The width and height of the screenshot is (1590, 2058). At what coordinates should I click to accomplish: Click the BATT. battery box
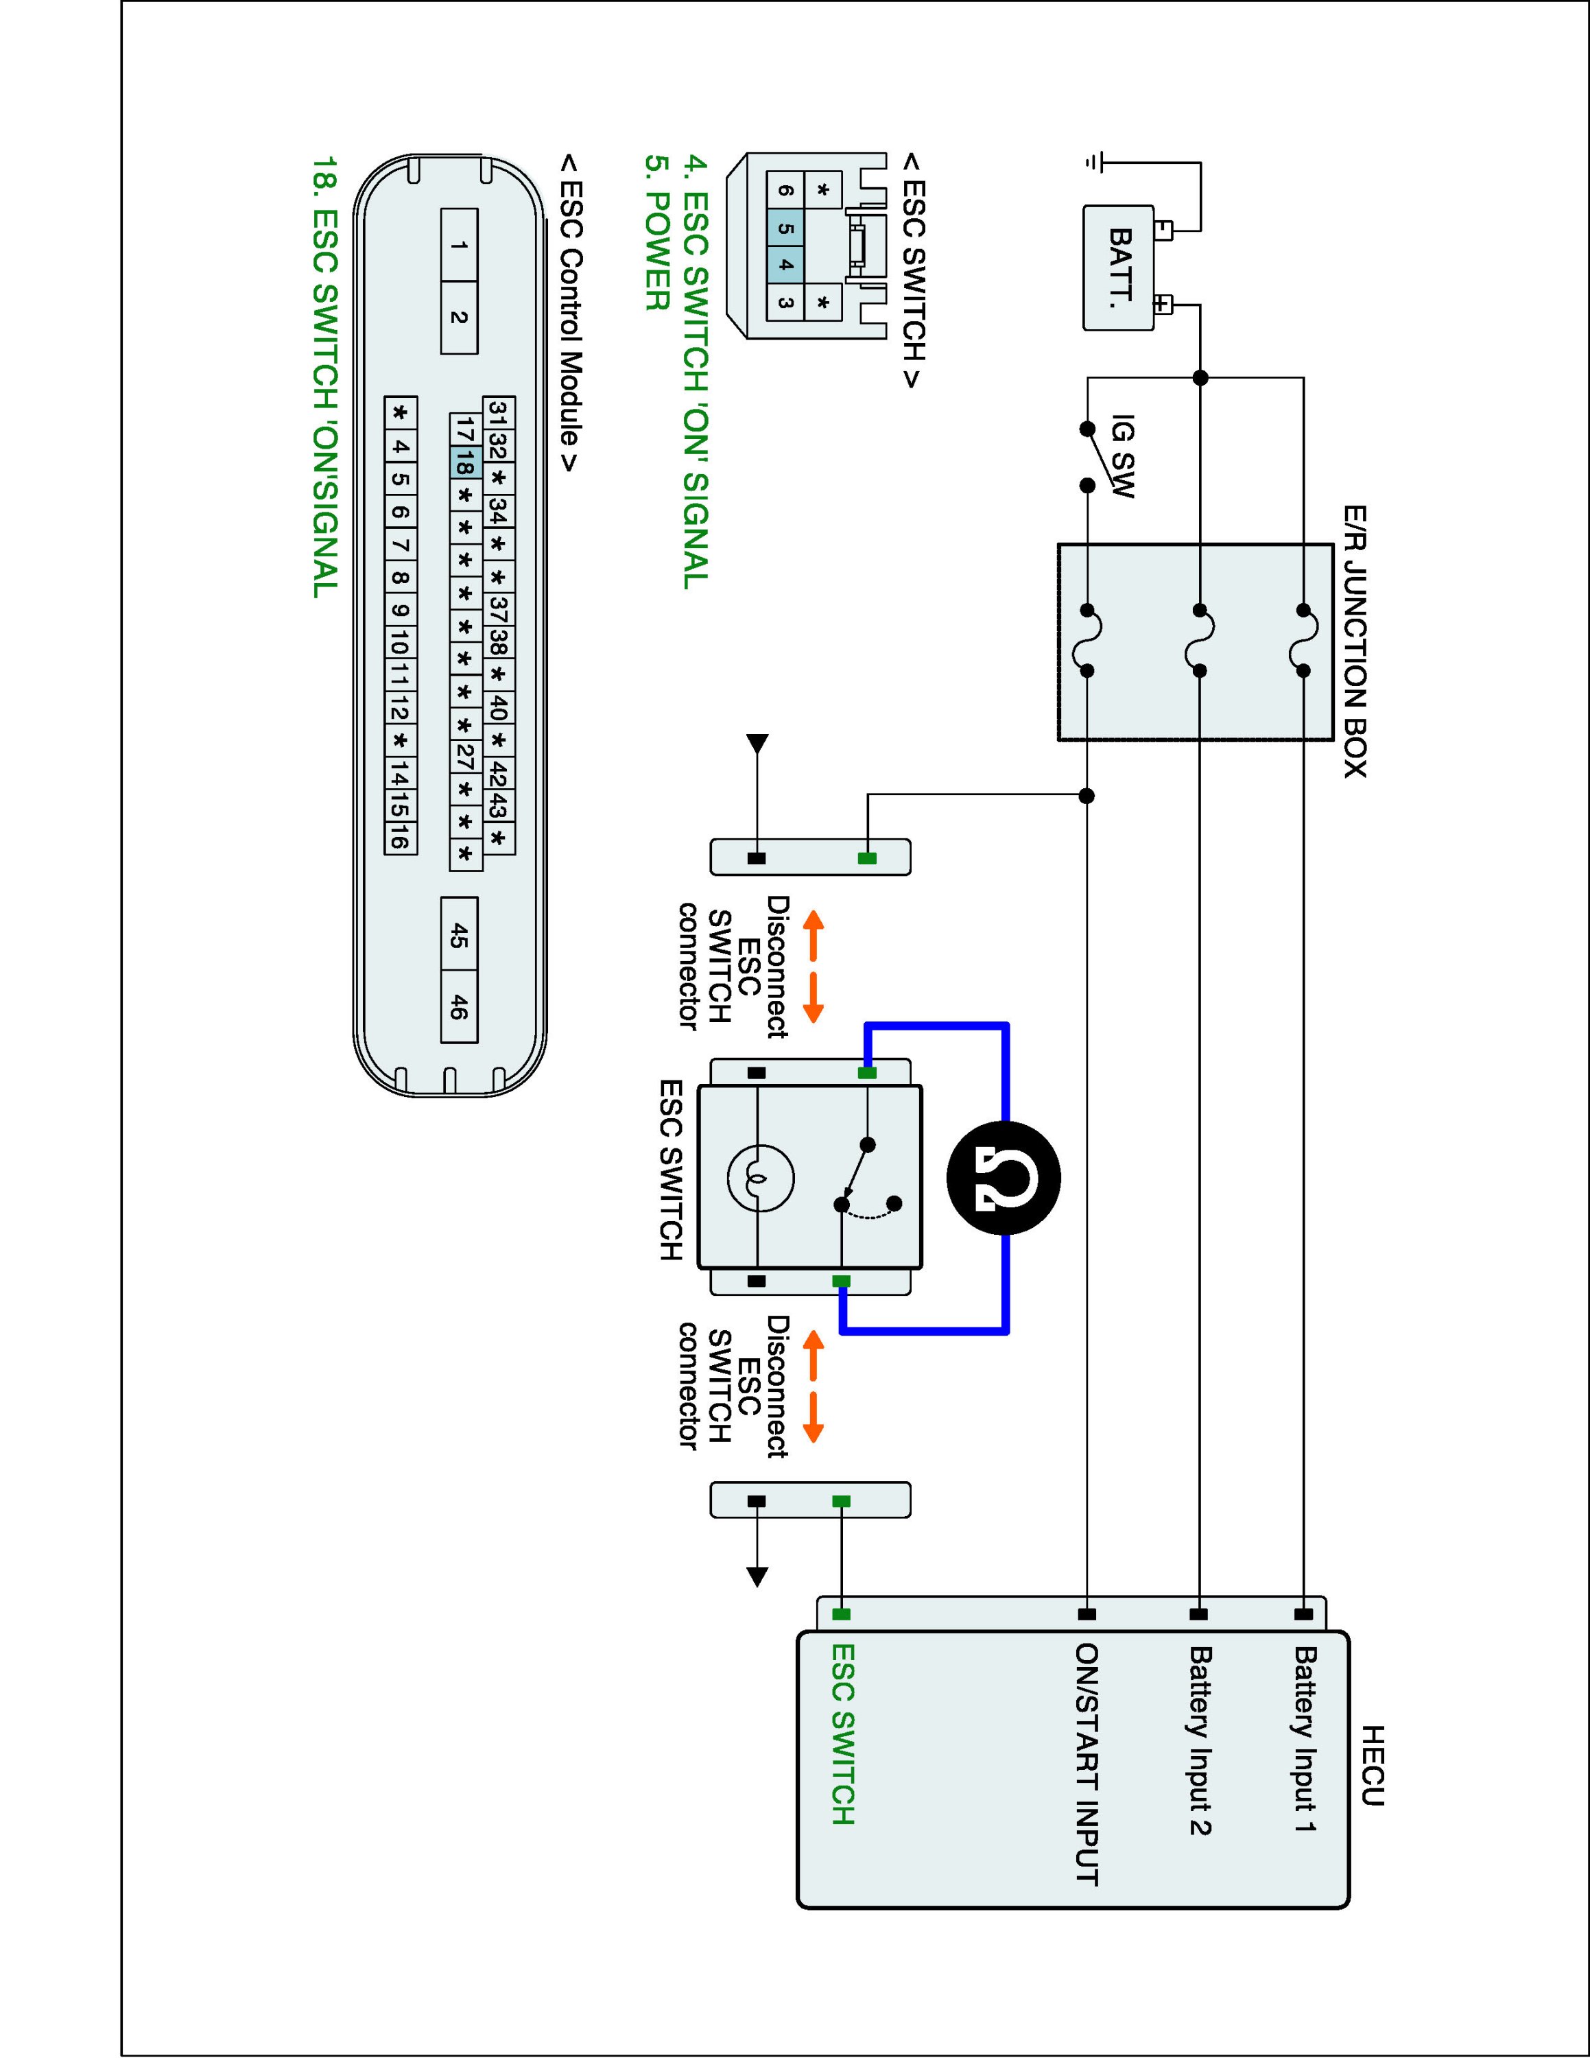click(x=1118, y=268)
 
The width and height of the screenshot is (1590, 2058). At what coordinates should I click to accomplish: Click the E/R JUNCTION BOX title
click(x=1355, y=641)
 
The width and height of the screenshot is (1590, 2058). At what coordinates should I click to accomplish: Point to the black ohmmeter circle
click(x=1004, y=1178)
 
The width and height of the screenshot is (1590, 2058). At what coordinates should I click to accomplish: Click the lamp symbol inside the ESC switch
click(x=760, y=1178)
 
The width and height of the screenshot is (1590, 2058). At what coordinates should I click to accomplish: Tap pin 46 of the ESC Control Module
click(x=459, y=1006)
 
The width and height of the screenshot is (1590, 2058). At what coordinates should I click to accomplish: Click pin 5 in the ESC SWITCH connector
click(x=785, y=228)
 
